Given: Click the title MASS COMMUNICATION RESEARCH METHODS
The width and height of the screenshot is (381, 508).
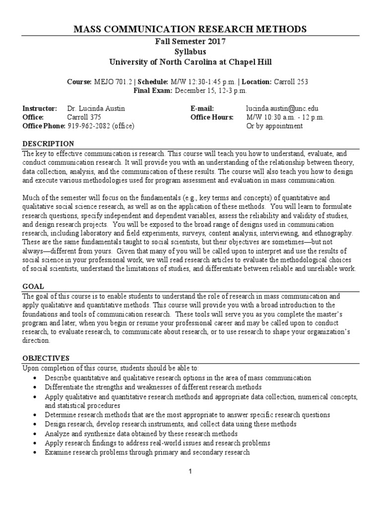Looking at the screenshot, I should click(190, 29).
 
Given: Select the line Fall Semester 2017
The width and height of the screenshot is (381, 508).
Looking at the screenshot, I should click(190, 42).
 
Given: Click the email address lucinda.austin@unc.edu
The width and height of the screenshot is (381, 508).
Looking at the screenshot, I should click(282, 108).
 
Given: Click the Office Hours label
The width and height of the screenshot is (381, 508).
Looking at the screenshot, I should click(211, 117).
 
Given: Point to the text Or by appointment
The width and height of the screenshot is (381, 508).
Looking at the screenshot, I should click(274, 126).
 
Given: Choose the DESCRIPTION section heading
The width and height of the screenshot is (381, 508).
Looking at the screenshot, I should click(44, 143).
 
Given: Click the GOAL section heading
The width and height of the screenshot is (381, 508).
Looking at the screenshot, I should click(34, 286).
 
